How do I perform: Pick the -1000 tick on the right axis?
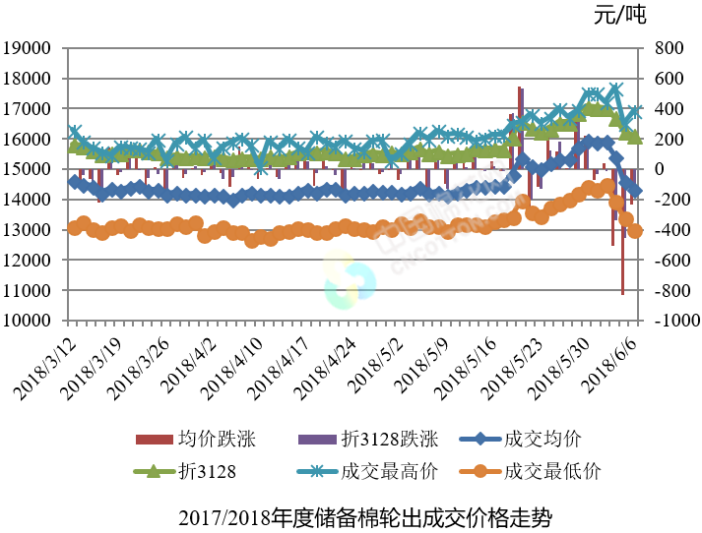point(671,322)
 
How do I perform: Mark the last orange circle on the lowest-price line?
point(635,231)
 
